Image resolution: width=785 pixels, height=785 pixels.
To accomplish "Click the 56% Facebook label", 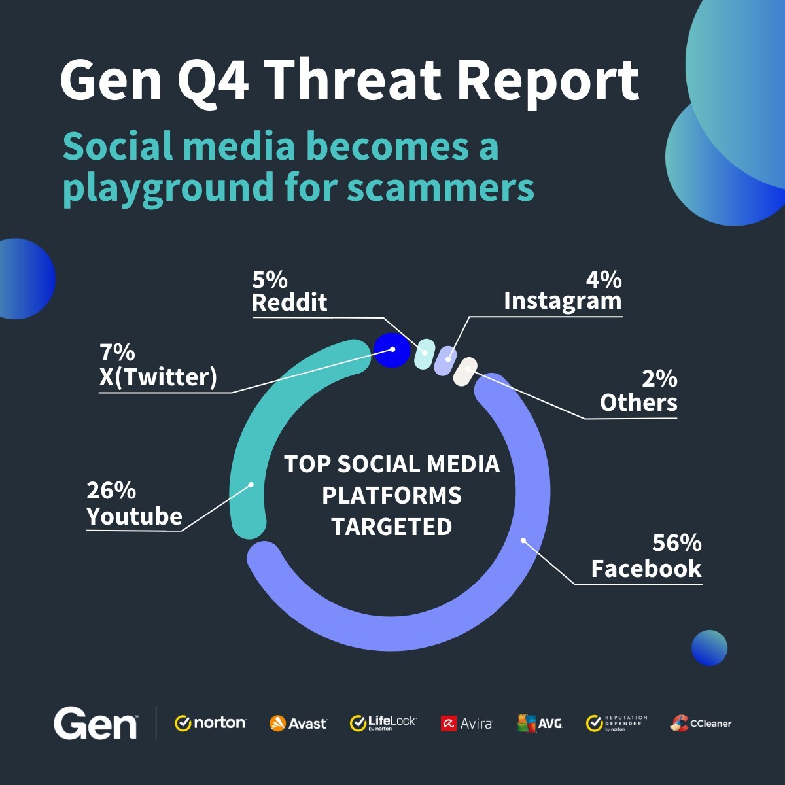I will [x=646, y=556].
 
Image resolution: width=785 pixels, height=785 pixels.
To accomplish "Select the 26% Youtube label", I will [x=134, y=504].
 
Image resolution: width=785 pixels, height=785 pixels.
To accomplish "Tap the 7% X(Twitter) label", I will [x=158, y=365].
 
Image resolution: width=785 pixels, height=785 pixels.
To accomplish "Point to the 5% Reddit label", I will [x=289, y=292].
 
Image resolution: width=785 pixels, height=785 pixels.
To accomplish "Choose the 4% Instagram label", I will [x=563, y=290].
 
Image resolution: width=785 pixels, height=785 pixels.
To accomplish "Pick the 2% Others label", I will [x=638, y=391].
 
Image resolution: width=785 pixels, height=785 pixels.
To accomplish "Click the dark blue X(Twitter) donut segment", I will [x=391, y=349].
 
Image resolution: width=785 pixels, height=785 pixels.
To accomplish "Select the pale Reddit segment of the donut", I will [x=425, y=352].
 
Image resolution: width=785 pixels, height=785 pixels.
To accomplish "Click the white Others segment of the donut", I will [x=465, y=372].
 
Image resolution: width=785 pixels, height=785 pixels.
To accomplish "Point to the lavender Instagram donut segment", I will [x=446, y=360].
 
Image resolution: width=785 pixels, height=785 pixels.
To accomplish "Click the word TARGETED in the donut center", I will [x=391, y=527].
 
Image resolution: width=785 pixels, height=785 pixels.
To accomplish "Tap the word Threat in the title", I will [x=354, y=80].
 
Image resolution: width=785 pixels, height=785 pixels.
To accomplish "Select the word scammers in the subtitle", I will [x=440, y=188].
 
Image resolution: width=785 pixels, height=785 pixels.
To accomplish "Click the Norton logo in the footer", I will [x=211, y=723].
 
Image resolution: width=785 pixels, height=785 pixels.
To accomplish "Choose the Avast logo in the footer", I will [x=298, y=724].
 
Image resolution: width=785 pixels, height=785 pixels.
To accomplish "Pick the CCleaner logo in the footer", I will [x=701, y=723].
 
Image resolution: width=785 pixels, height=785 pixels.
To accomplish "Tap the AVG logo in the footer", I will [x=540, y=723].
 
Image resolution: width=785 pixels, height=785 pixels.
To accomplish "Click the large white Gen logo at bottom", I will [x=96, y=723].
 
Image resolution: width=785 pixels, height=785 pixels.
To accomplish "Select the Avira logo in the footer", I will [x=466, y=724].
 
